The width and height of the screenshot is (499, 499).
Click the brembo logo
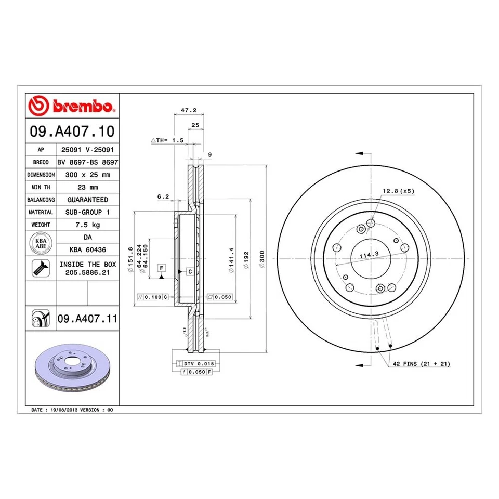pyautogui.click(x=72, y=106)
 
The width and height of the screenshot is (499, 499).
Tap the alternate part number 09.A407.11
pyautogui.click(x=87, y=318)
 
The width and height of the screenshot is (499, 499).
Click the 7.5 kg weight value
pyautogui.click(x=87, y=225)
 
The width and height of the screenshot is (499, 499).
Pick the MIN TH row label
pyautogui.click(x=40, y=187)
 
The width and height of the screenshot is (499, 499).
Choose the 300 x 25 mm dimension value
pyautogui.click(x=87, y=175)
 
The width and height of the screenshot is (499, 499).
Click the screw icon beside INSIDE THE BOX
pyautogui.click(x=41, y=268)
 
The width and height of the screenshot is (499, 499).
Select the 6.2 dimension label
pyautogui.click(x=163, y=196)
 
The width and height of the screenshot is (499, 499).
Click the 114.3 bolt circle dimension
pyautogui.click(x=368, y=255)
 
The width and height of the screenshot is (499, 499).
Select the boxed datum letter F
pyautogui.click(x=162, y=267)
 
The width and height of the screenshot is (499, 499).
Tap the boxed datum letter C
pyautogui.click(x=190, y=272)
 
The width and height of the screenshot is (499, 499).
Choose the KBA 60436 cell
pyautogui.click(x=87, y=249)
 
